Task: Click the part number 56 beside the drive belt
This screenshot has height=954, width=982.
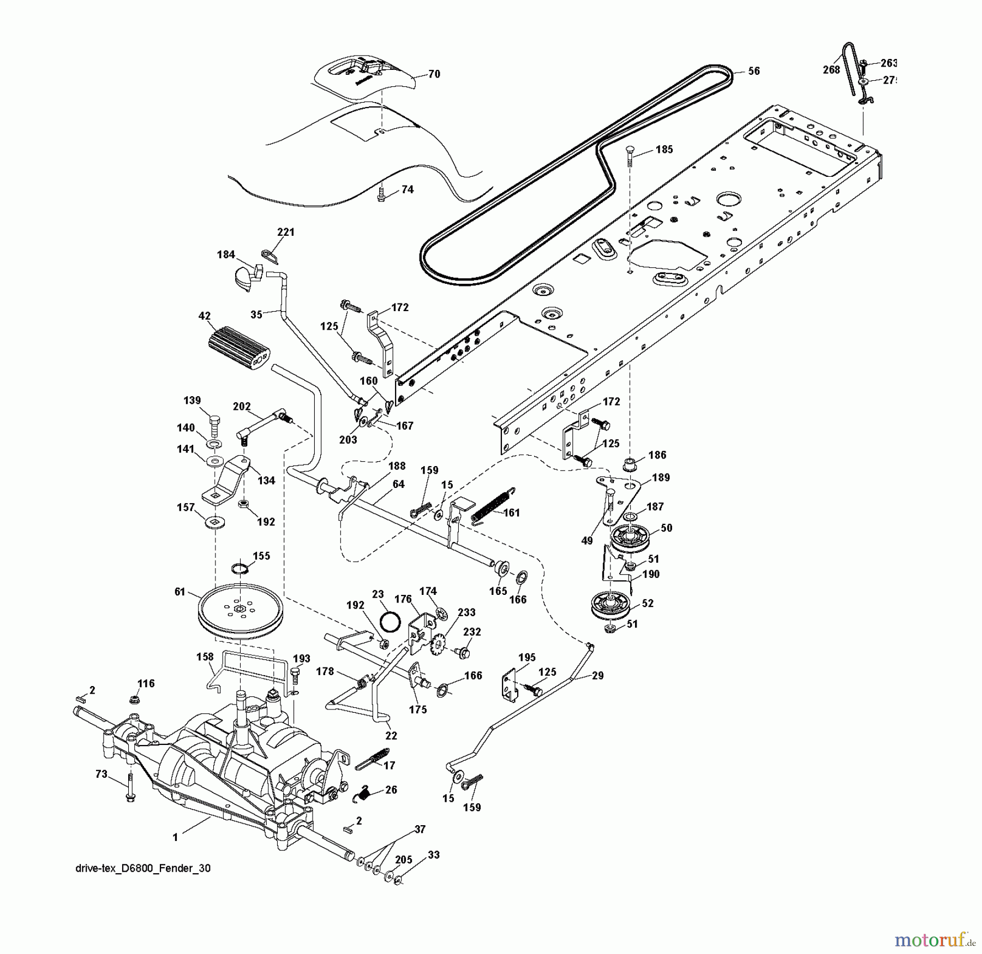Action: click(753, 71)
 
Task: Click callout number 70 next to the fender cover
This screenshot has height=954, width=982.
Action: click(434, 74)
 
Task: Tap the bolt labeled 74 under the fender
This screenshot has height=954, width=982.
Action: click(381, 194)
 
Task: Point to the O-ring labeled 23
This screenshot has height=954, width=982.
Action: click(392, 620)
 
